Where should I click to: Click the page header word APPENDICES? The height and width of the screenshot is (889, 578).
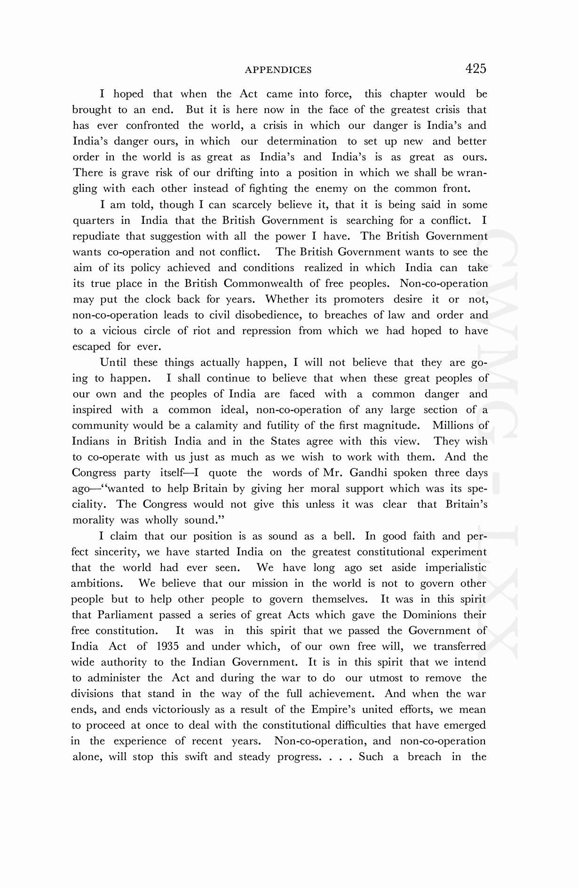point(278,70)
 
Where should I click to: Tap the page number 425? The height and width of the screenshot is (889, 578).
point(475,69)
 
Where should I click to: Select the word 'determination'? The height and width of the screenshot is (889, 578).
point(301,142)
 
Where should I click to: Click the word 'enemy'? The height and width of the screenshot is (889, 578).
point(331,189)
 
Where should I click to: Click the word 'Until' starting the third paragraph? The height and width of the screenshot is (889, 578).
point(113,363)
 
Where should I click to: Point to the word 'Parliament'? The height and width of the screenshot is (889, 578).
point(125,615)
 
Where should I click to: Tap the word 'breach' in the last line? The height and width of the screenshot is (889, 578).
point(424,757)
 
